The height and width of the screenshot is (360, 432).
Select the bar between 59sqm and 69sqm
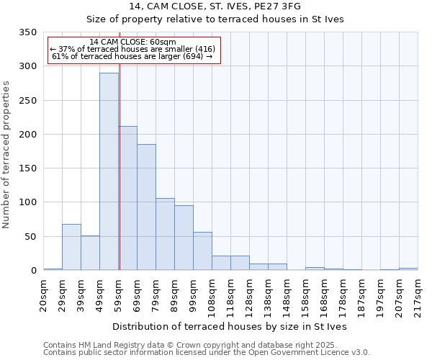[128, 199]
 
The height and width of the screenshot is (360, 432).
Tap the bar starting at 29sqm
[71, 247]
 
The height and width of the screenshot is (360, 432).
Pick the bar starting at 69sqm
[146, 207]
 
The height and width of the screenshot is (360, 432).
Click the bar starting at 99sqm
[202, 251]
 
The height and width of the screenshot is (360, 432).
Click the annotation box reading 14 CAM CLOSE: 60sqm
[133, 50]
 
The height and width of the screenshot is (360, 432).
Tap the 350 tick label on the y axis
[27, 32]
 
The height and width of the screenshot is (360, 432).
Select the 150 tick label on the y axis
[27, 168]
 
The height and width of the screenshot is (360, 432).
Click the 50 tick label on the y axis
[30, 237]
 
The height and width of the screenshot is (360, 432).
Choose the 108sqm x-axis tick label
[212, 294]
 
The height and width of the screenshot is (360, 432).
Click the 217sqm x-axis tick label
[418, 294]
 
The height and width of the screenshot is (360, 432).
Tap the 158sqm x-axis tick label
[305, 294]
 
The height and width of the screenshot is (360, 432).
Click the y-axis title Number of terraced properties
[7, 155]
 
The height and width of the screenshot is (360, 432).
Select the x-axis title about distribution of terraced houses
[230, 326]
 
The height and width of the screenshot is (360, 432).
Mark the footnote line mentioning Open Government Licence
[207, 353]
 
